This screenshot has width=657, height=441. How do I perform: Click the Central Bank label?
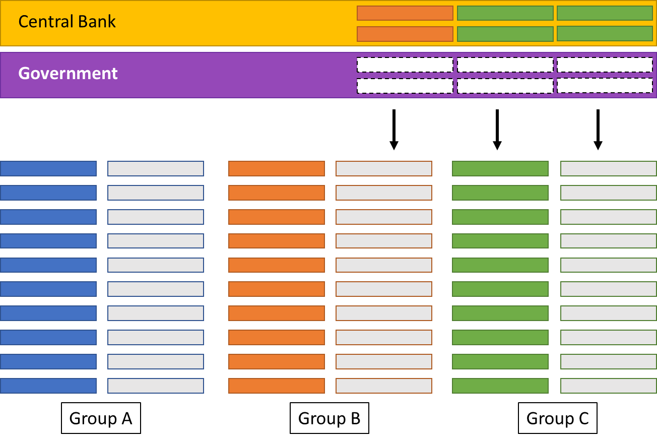click(67, 22)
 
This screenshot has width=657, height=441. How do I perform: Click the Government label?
click(68, 74)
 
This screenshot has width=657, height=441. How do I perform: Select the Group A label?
click(101, 418)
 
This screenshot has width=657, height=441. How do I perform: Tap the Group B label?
click(329, 418)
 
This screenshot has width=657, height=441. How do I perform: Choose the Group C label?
click(557, 418)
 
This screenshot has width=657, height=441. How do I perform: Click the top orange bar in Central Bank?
click(405, 13)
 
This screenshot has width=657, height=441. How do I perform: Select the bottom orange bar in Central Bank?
click(405, 34)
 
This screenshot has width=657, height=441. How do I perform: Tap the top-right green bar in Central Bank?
click(605, 13)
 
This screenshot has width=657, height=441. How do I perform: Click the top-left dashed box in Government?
click(405, 65)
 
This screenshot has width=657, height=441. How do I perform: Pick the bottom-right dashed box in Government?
click(605, 86)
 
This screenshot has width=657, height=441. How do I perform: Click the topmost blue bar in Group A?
click(48, 168)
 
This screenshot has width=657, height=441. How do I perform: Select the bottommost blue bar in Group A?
click(48, 386)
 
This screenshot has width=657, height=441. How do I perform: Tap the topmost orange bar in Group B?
click(277, 168)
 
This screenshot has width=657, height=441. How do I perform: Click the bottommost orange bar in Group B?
click(277, 386)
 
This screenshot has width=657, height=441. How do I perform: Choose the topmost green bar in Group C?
click(500, 168)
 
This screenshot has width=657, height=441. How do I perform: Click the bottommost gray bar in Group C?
click(609, 386)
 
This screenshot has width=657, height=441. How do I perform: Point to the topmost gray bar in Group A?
click(156, 168)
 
